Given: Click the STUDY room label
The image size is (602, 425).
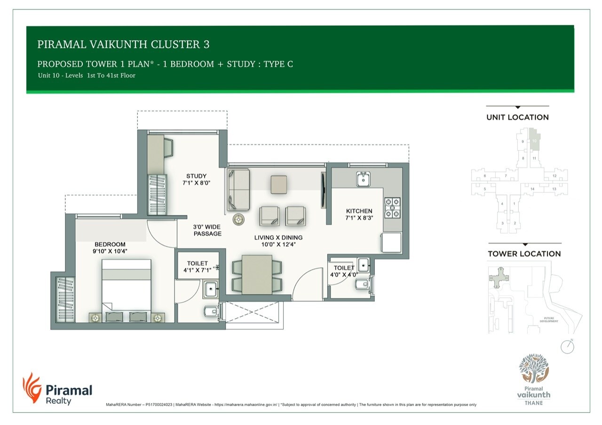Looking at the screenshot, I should [x=196, y=176].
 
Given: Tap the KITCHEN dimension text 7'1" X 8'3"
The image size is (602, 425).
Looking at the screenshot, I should [x=359, y=218].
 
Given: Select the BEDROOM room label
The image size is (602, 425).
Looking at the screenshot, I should [x=110, y=244].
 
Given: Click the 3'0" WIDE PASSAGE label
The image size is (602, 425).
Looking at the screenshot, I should [x=207, y=230].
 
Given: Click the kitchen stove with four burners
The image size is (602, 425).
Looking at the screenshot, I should [x=392, y=207].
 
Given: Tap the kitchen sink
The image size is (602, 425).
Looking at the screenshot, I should [x=363, y=179].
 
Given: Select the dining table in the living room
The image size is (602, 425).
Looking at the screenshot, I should [x=257, y=274].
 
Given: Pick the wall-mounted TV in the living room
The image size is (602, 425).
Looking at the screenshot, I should [x=323, y=190].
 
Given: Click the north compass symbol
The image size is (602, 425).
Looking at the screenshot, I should [x=568, y=346].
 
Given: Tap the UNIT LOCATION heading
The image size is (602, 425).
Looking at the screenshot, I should [x=517, y=118].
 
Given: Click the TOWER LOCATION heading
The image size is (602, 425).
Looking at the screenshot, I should [x=524, y=254].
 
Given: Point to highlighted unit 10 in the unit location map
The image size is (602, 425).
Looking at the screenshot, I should [x=534, y=141].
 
